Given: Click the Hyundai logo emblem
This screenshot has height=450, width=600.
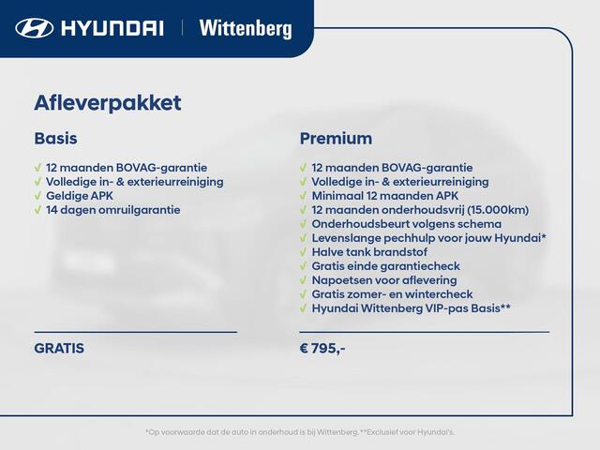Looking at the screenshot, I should [x=35, y=28].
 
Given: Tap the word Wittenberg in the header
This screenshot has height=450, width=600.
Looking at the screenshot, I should [x=245, y=28].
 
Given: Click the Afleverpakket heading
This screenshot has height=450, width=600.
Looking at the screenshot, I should [x=107, y=103].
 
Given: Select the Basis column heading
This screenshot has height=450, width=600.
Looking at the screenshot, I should [x=55, y=138].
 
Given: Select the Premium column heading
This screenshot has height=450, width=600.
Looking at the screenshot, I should [x=336, y=138].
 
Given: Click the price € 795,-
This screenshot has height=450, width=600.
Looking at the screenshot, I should [x=322, y=348].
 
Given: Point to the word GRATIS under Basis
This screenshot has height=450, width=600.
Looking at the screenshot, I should [x=59, y=348].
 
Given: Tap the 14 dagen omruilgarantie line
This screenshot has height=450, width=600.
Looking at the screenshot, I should [x=112, y=210].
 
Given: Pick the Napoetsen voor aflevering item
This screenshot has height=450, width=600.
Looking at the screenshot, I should [x=384, y=280].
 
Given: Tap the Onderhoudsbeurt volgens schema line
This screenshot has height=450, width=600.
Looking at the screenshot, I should [x=406, y=224].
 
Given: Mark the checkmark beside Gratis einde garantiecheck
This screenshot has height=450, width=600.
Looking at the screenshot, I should [x=304, y=266].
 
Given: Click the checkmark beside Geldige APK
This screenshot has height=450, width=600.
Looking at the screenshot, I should [x=38, y=196].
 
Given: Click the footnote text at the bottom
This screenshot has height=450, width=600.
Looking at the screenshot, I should [x=300, y=431].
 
